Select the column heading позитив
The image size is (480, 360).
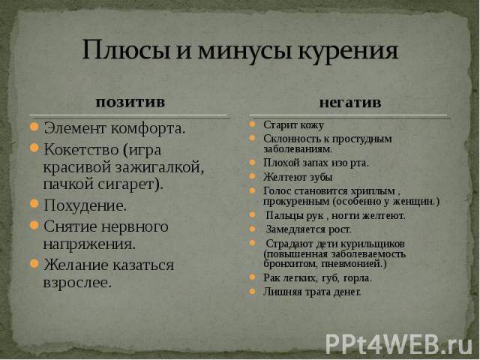[130, 103]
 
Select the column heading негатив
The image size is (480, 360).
[350, 103]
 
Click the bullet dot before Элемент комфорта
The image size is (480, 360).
[34, 127]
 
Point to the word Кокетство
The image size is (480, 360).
[80, 150]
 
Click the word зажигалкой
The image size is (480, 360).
[161, 168]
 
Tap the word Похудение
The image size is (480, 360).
[85, 205]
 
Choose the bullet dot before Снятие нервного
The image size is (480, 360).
[34, 226]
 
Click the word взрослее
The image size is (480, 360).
[77, 283]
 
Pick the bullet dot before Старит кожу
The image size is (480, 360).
[252, 124]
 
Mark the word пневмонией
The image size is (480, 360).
[354, 264]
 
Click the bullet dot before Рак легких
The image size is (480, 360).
[252, 277]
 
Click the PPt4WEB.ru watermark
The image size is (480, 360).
[398, 344]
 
